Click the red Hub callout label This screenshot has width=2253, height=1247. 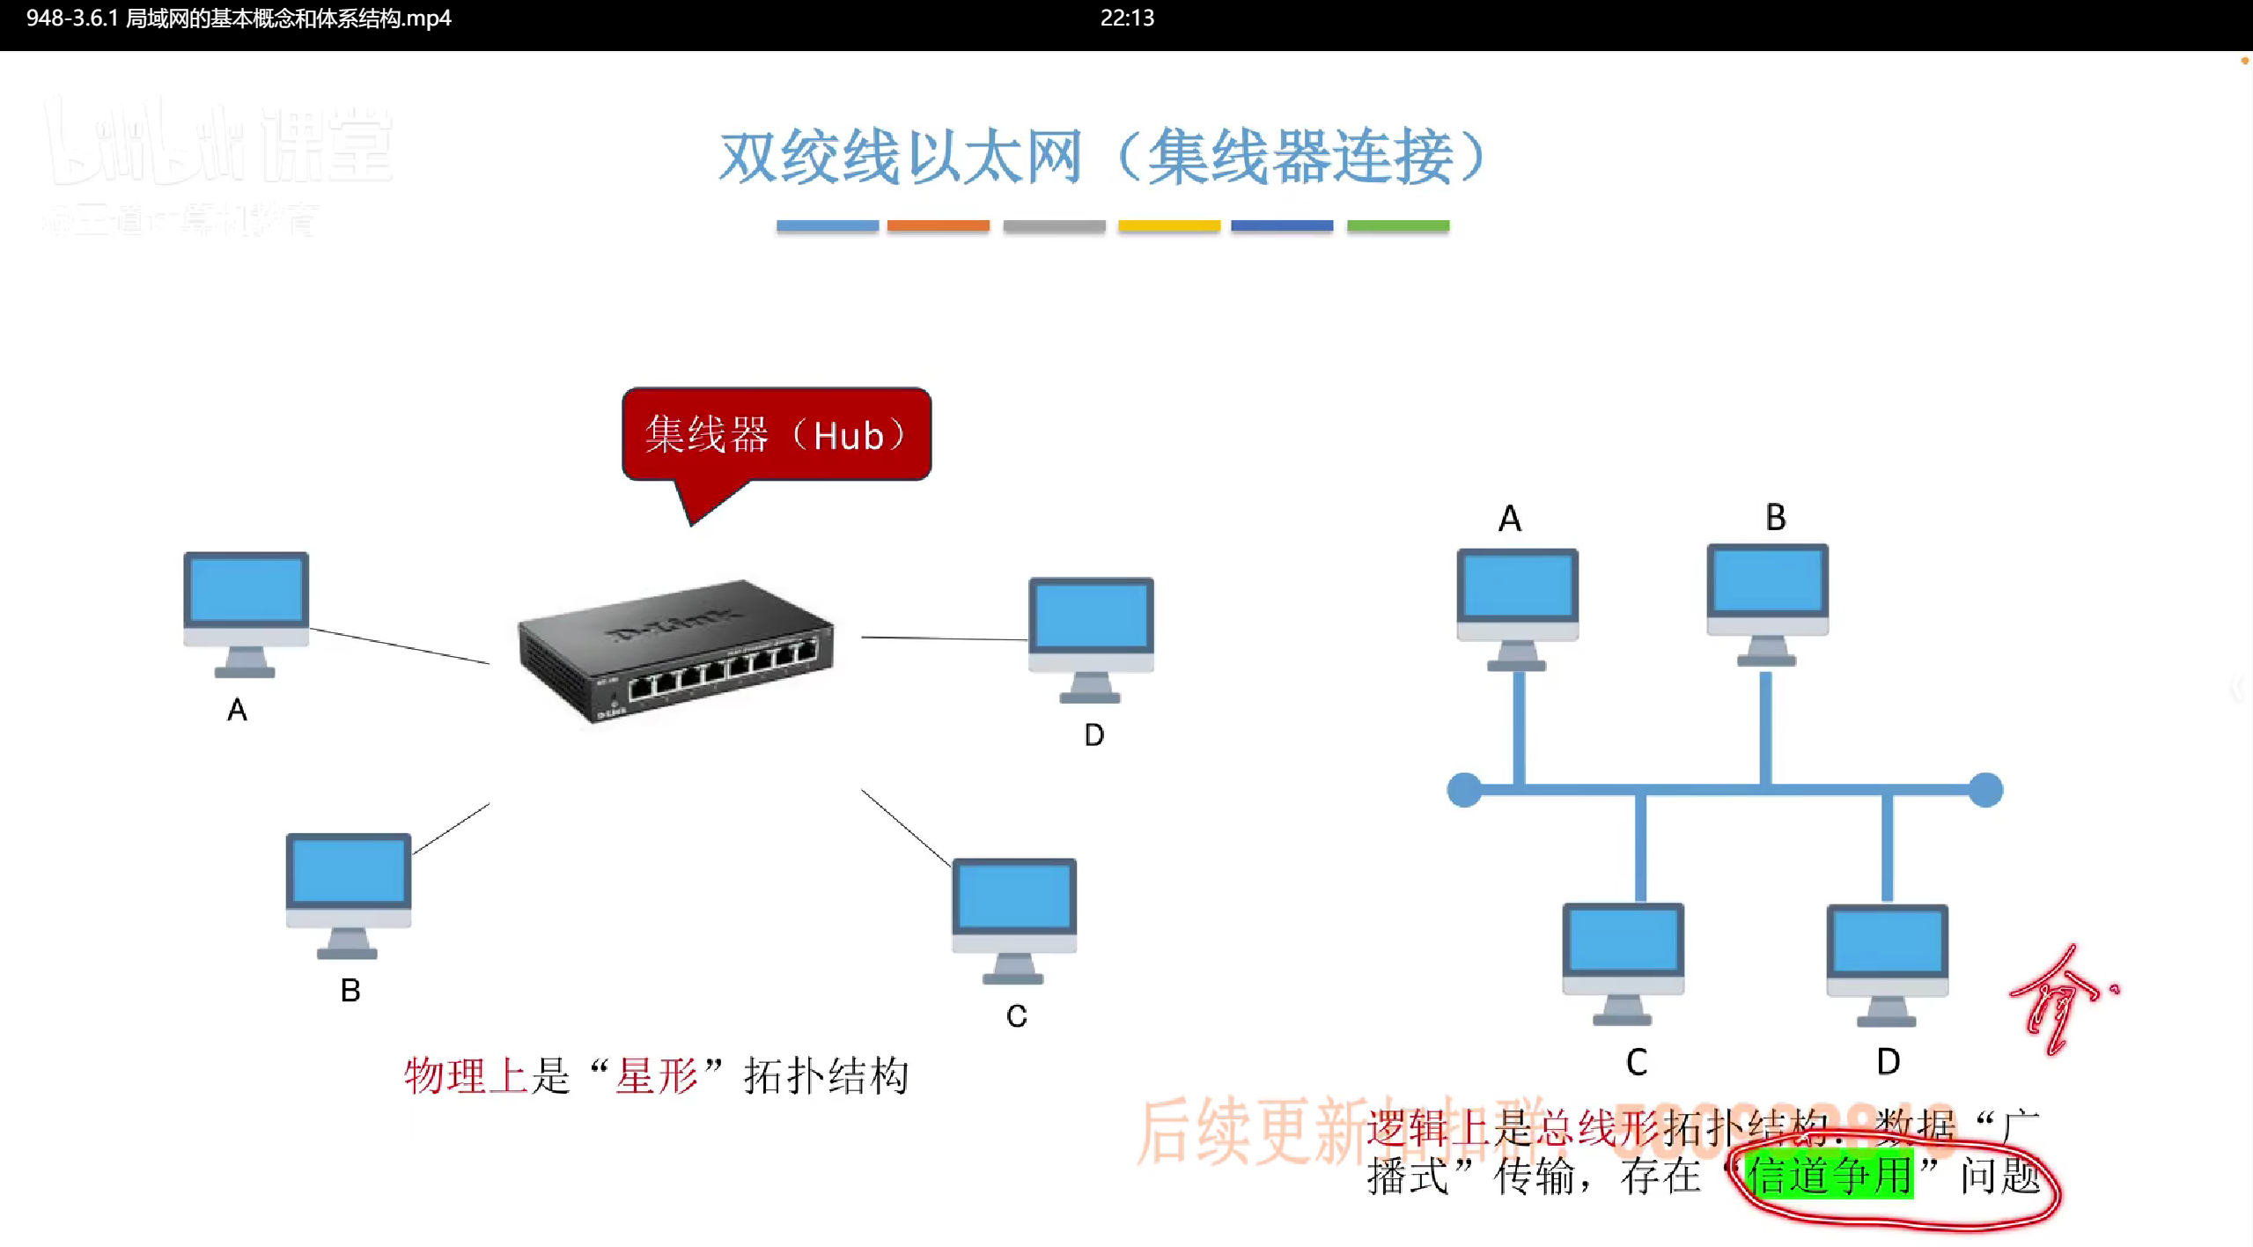776,434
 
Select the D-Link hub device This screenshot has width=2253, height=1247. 676,652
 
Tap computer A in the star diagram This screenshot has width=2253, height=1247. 246,612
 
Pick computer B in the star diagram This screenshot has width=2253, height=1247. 349,893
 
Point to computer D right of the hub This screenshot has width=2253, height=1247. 1091,638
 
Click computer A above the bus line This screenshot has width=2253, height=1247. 1517,608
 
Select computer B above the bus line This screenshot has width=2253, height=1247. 1767,603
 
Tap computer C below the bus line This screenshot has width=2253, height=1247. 1623,962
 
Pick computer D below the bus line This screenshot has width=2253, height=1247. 1887,963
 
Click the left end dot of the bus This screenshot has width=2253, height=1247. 1464,789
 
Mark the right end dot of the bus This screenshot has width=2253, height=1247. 1985,789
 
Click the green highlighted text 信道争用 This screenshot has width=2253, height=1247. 1830,1176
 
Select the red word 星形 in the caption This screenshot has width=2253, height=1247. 656,1076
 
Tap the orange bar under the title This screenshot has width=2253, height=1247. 938,226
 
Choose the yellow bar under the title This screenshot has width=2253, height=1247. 1168,226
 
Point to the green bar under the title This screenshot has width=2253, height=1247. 1397,226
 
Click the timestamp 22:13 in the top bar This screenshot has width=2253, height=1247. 1127,18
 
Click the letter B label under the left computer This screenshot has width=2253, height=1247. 350,991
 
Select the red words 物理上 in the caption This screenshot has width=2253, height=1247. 465,1076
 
